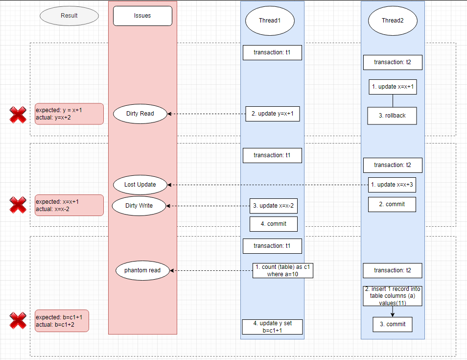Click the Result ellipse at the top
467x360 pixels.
(x=69, y=16)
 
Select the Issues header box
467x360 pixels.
(x=142, y=16)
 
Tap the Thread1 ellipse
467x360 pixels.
(x=270, y=21)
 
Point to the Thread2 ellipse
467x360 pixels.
(x=393, y=21)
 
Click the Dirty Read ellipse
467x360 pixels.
(x=140, y=114)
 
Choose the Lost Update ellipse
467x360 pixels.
(x=140, y=185)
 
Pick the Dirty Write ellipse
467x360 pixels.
(x=139, y=206)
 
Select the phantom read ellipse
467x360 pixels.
(x=142, y=270)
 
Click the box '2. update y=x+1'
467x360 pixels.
(x=273, y=114)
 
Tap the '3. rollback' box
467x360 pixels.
(x=392, y=116)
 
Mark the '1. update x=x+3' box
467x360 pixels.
(x=392, y=185)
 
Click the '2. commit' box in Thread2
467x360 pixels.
(x=392, y=204)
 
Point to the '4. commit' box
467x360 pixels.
(x=274, y=224)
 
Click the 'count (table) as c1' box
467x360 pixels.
(x=283, y=270)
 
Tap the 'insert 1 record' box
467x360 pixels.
(x=392, y=296)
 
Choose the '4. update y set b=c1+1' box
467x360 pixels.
(x=272, y=327)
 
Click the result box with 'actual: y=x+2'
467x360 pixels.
(x=69, y=114)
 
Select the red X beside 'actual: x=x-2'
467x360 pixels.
(x=18, y=205)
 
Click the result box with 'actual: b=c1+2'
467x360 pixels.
(x=62, y=321)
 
